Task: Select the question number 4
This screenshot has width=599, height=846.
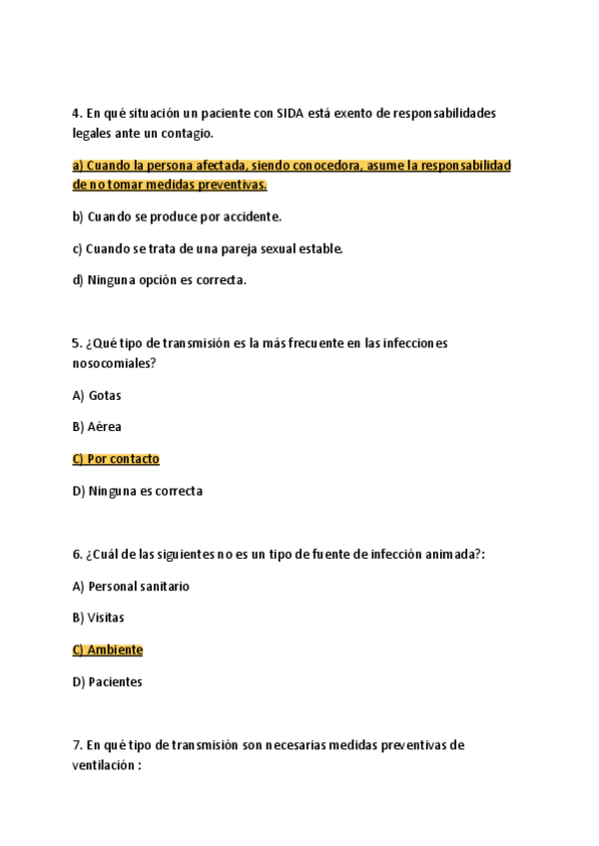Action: pyautogui.click(x=77, y=113)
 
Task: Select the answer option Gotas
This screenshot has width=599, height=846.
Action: pyautogui.click(x=105, y=395)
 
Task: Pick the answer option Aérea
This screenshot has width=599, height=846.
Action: pyautogui.click(x=105, y=427)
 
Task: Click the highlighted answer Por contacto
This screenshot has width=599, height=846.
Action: pyautogui.click(x=123, y=459)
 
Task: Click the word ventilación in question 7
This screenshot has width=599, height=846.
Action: pyautogui.click(x=105, y=766)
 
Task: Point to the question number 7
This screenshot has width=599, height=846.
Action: pyautogui.click(x=77, y=746)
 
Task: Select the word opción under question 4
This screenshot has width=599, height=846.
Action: pyautogui.click(x=168, y=280)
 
